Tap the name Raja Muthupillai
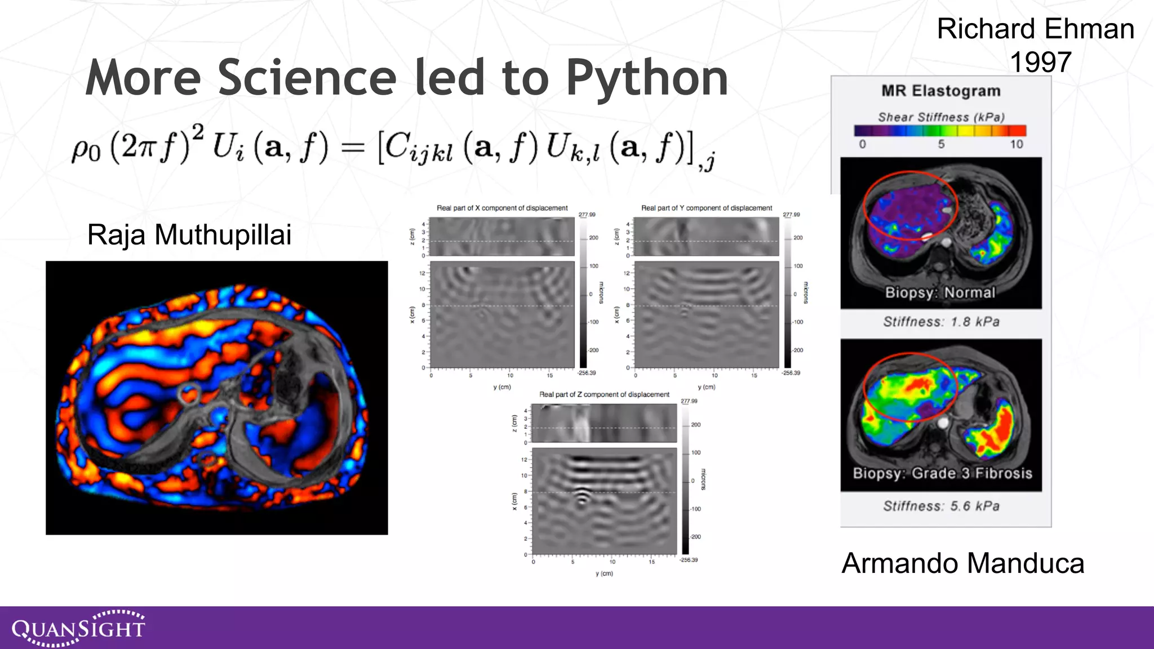coord(189,234)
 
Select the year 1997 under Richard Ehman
coord(1040,62)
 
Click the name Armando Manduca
coord(962,563)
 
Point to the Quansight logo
coord(78,628)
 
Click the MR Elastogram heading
coord(941,91)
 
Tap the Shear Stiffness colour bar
coord(940,131)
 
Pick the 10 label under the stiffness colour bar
coord(1016,144)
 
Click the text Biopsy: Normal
coord(940,292)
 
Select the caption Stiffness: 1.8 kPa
coord(941,322)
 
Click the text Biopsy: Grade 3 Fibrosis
coord(942,473)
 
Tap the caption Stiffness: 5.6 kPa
coord(941,506)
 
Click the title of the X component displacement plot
coord(502,208)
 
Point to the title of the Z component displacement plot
coord(604,394)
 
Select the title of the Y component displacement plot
coord(707,208)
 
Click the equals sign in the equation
coord(353,148)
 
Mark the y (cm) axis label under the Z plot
coord(604,574)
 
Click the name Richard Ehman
coord(1035,29)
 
